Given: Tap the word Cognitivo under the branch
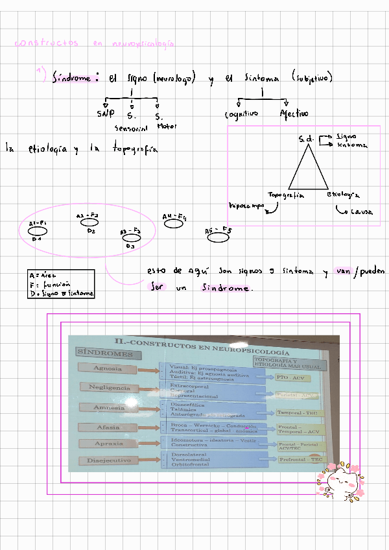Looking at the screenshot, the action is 241,115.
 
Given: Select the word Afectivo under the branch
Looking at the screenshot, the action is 294,114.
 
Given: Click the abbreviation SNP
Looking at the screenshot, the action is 105,114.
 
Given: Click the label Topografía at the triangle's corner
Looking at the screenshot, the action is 287,195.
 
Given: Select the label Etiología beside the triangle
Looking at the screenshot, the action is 344,195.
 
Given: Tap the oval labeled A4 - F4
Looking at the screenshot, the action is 174,224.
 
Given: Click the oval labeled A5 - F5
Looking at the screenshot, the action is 218,237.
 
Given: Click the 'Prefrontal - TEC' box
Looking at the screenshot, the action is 300,459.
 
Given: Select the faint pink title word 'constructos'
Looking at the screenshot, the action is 46,43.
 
